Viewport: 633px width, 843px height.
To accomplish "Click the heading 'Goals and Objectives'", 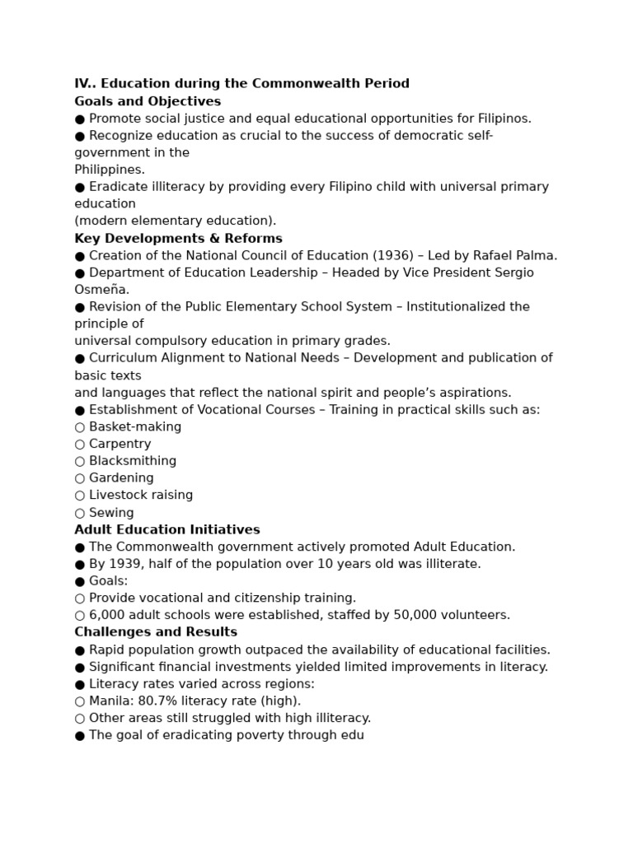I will [x=148, y=101].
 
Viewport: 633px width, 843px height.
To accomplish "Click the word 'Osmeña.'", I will [x=101, y=290].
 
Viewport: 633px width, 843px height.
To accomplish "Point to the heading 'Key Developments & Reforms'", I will [x=178, y=239].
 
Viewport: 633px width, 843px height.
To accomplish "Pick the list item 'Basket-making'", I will [x=135, y=426].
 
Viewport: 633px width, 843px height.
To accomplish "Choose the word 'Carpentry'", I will [x=120, y=444].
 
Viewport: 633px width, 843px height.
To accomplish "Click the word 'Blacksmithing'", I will [x=133, y=461].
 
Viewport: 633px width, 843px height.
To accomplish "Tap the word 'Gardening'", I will [x=121, y=478].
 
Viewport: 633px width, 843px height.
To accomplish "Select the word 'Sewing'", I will [x=111, y=513].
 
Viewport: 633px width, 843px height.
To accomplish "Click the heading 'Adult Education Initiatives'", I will [x=167, y=530].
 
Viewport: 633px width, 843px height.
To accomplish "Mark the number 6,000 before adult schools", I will [x=107, y=615].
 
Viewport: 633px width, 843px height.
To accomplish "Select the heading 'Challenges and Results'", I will [x=156, y=632].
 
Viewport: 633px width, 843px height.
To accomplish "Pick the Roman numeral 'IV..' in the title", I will [x=85, y=84].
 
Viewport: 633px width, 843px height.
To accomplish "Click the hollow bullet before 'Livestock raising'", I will [x=80, y=496].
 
